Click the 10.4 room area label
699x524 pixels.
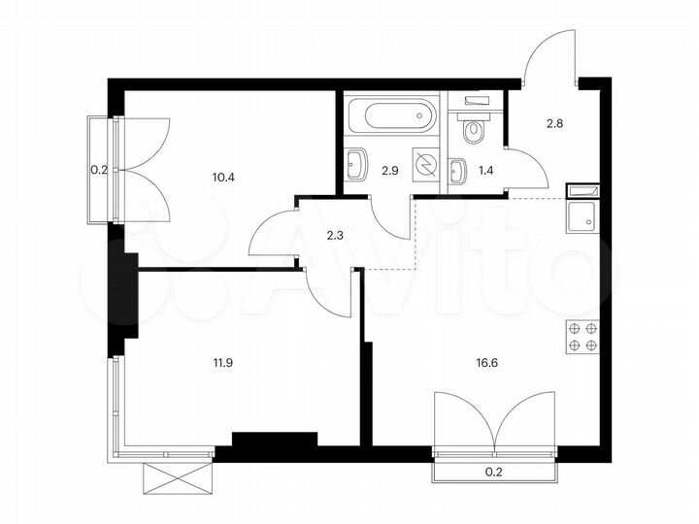pyautogui.click(x=223, y=177)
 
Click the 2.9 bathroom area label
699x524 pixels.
pyautogui.click(x=388, y=171)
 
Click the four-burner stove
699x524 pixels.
pyautogui.click(x=582, y=336)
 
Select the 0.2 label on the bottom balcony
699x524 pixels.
pyautogui.click(x=496, y=475)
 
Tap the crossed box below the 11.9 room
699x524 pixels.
pyautogui.click(x=176, y=478)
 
